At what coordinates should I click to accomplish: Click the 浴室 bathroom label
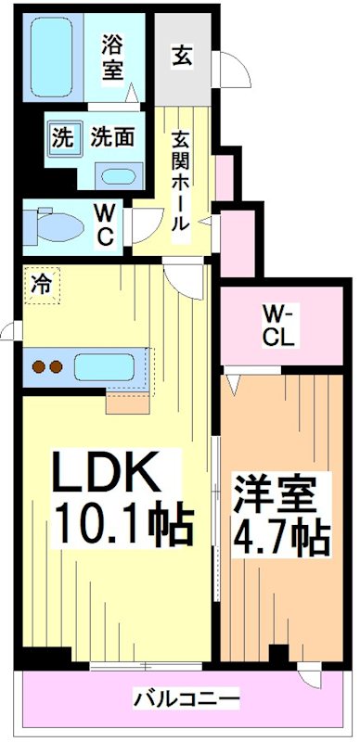click(111, 58)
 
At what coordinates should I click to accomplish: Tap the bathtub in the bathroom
click(57, 58)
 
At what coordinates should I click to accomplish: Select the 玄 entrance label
click(181, 57)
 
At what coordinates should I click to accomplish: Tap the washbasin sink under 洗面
click(118, 176)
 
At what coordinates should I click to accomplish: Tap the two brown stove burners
click(47, 365)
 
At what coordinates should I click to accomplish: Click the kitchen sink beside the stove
click(108, 365)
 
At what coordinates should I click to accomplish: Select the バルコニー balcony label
click(186, 697)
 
